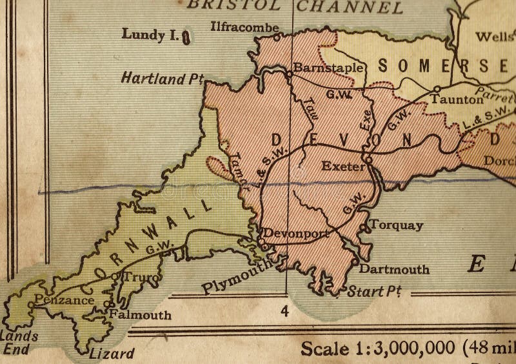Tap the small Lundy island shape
coord(185,37)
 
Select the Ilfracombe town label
coord(244,27)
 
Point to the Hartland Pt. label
coord(162,79)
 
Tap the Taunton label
coord(457,99)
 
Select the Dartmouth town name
coord(394,269)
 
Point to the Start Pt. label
coord(374,292)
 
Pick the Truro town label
coord(134,278)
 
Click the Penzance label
coord(64,300)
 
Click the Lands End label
coord(18,343)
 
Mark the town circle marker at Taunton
coord(437,89)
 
